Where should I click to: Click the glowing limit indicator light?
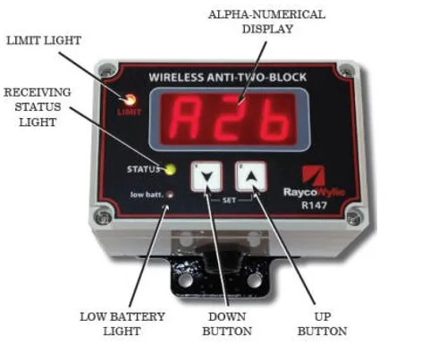tap(130, 100)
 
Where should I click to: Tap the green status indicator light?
tap(171, 169)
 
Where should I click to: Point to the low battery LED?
tap(170, 195)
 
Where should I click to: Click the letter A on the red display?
tap(187, 119)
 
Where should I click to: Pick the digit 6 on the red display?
tap(274, 119)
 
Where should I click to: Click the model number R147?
tap(314, 205)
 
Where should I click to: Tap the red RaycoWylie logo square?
tap(313, 176)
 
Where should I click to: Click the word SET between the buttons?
tap(229, 200)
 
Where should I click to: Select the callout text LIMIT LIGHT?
tap(44, 40)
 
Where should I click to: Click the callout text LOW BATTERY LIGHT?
tap(122, 324)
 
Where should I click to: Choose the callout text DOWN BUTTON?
tap(227, 324)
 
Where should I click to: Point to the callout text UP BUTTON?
tap(322, 324)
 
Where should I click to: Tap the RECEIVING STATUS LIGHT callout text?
tap(38, 107)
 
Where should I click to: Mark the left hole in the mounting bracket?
tap(185, 280)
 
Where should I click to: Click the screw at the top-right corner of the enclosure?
tap(346, 71)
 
